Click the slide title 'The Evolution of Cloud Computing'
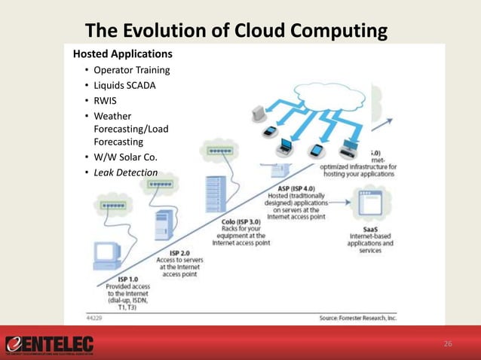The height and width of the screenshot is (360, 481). tap(237, 31)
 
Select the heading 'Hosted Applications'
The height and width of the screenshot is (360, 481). tap(122, 54)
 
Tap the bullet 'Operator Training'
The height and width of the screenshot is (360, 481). tap(131, 71)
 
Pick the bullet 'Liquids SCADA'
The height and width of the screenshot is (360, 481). tap(124, 85)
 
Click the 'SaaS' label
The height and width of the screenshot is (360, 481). tap(370, 228)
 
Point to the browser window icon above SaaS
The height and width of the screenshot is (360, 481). tap(373, 203)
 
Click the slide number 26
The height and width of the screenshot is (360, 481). tap(448, 344)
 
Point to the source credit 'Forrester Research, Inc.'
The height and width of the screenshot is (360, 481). tap(358, 319)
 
